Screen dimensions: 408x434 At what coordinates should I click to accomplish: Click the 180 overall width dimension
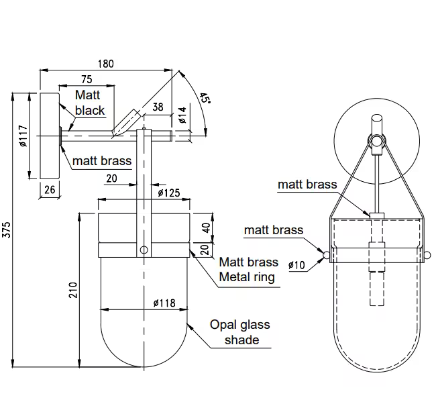106,64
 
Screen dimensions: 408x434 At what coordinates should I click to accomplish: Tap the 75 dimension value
87,79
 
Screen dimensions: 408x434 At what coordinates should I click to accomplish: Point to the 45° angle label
204,99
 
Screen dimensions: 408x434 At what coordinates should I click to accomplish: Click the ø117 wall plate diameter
22,138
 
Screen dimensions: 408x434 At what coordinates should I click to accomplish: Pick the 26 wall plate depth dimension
50,190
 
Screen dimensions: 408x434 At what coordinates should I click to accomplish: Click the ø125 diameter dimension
168,193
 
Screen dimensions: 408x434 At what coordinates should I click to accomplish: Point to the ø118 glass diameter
164,303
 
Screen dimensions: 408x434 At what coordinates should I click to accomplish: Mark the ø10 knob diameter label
296,265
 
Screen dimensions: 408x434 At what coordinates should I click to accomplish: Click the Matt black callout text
89,103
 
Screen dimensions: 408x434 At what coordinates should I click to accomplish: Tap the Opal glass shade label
239,332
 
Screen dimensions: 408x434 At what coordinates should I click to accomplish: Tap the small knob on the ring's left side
326,255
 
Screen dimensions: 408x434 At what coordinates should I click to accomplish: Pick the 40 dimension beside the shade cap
206,227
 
